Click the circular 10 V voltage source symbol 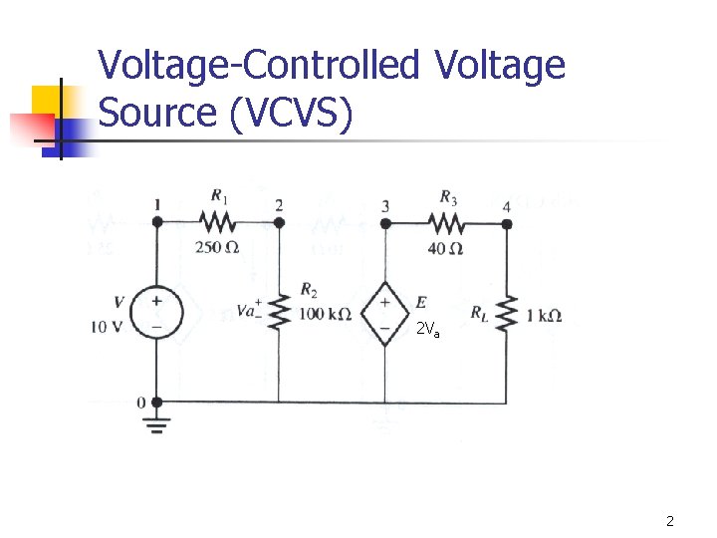coord(156,313)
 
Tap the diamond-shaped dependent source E coord(384,313)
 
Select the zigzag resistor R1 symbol coord(216,222)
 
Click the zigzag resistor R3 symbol coord(445,222)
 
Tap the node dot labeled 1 coord(156,222)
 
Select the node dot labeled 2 coord(279,222)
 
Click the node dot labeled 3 coord(385,222)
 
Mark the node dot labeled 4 coord(507,223)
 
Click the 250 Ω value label coord(216,248)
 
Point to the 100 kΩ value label coord(325,315)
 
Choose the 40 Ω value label coord(444,248)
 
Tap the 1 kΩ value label coord(543,315)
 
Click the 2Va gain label coord(427,330)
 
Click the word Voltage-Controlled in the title coord(260,66)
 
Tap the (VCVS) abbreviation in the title coord(290,114)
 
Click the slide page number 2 coord(670,521)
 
